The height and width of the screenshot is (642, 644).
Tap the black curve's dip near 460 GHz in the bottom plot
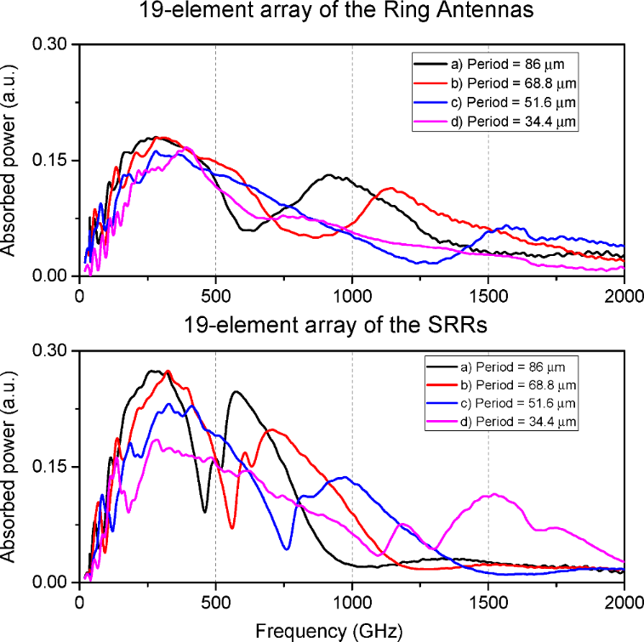[x=205, y=511]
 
